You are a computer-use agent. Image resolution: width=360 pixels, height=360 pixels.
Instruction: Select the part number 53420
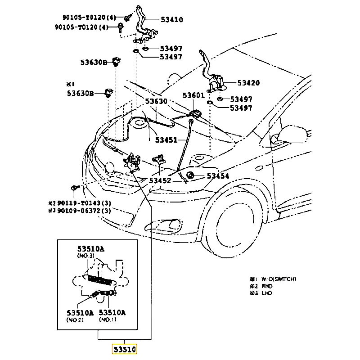click(248, 83)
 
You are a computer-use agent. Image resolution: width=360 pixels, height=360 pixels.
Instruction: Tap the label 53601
click(193, 95)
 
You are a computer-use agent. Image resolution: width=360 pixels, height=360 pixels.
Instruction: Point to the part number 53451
click(167, 139)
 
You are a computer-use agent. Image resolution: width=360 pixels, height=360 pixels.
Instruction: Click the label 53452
click(160, 180)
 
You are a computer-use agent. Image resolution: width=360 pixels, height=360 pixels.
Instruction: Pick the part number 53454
click(218, 176)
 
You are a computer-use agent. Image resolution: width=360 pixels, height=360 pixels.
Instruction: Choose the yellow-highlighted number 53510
click(124, 349)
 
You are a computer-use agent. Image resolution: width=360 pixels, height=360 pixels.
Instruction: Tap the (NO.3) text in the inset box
click(85, 256)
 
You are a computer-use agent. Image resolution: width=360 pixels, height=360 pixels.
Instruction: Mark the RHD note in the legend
click(266, 286)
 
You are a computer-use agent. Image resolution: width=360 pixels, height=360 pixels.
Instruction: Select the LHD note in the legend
click(266, 293)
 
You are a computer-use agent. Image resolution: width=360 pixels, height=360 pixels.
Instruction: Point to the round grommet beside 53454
click(190, 175)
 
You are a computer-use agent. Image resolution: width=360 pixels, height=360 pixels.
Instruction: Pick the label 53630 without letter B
click(156, 101)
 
